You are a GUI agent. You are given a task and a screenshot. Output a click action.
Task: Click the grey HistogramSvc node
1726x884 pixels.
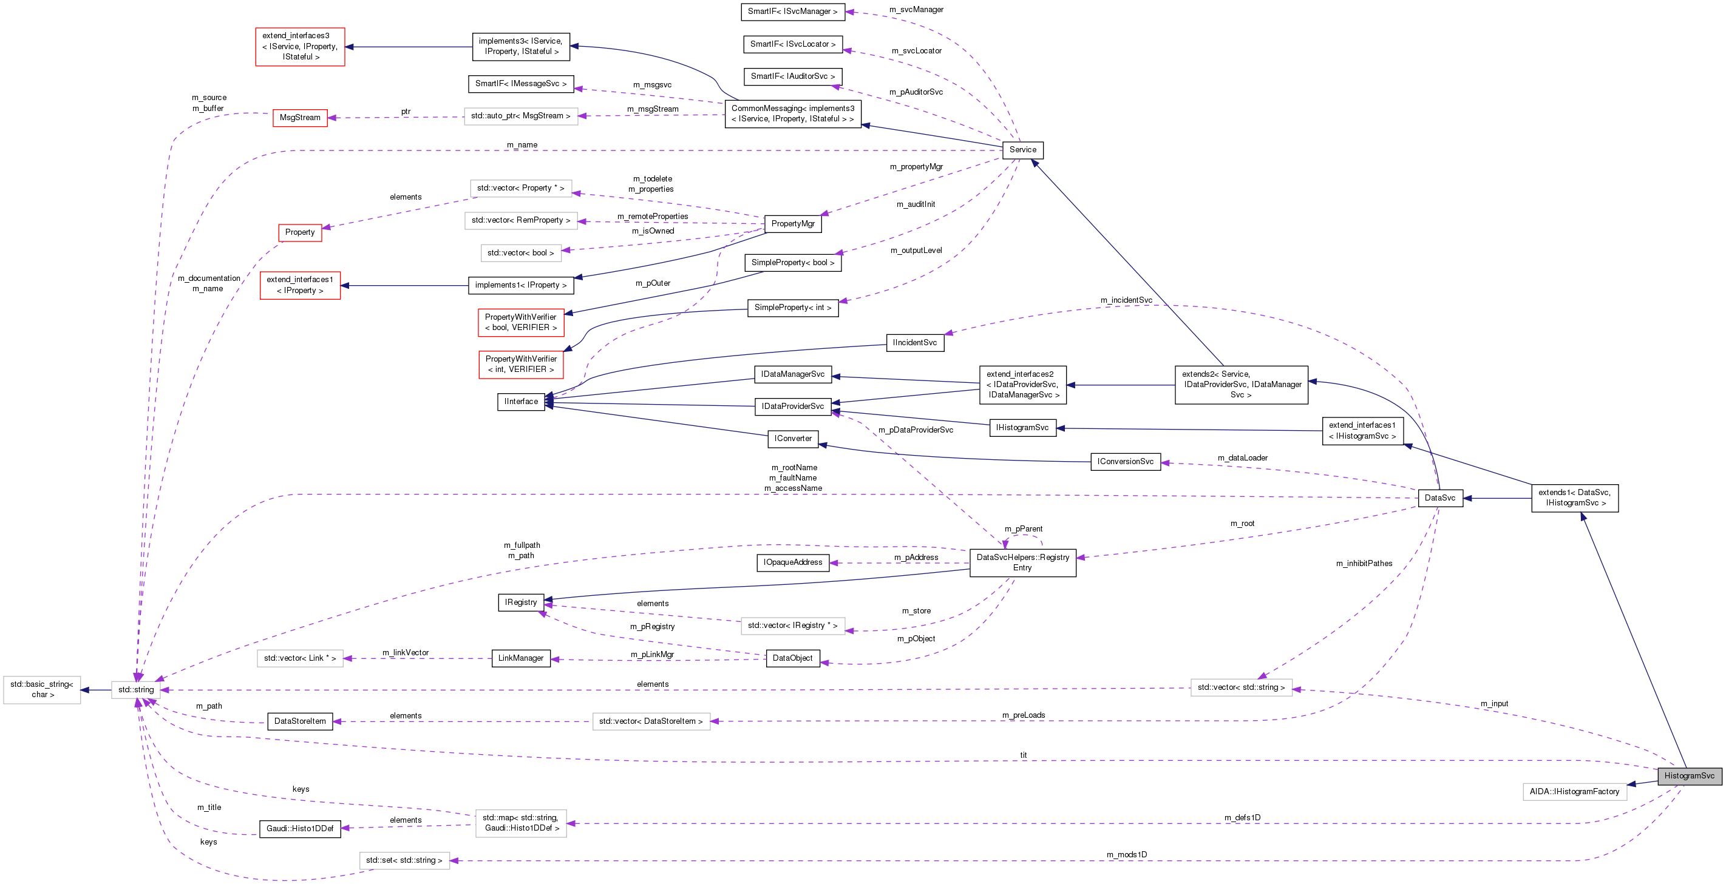click(1689, 775)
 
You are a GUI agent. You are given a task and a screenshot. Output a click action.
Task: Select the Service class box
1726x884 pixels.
click(1022, 150)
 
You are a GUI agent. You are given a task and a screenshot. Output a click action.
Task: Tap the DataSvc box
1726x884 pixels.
click(1440, 498)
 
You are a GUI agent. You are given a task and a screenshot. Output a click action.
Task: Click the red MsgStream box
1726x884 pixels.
click(299, 118)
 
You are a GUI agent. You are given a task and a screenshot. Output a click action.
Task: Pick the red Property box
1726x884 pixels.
click(299, 232)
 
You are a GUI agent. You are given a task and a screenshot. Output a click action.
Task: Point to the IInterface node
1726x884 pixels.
click(521, 401)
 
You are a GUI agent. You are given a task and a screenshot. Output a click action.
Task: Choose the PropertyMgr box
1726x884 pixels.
click(793, 224)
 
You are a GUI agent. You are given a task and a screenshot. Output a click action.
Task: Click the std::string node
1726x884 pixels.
click(136, 689)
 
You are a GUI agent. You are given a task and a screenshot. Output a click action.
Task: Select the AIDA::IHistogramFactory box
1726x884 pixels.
click(1574, 792)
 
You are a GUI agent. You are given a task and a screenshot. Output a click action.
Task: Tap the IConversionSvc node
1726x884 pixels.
click(1125, 462)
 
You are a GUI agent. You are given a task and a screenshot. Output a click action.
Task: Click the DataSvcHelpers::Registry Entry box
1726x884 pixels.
click(1022, 562)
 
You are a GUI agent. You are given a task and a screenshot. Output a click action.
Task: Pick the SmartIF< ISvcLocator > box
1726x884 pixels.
click(793, 44)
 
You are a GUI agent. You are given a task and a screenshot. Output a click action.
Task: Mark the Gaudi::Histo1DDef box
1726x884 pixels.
click(299, 828)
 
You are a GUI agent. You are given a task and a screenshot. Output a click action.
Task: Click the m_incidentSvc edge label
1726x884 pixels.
click(1126, 300)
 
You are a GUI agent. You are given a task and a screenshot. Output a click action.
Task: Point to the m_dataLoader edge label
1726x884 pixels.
click(1242, 458)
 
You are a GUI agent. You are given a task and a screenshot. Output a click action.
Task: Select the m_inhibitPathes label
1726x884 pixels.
click(1364, 563)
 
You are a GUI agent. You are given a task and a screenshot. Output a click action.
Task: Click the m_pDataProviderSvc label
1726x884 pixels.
click(916, 430)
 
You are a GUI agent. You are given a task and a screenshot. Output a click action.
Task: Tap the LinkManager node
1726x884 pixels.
click(521, 658)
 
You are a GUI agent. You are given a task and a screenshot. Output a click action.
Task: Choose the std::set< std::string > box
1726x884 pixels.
click(404, 860)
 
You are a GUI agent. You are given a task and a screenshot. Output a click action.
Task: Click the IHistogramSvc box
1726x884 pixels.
click(1022, 427)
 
